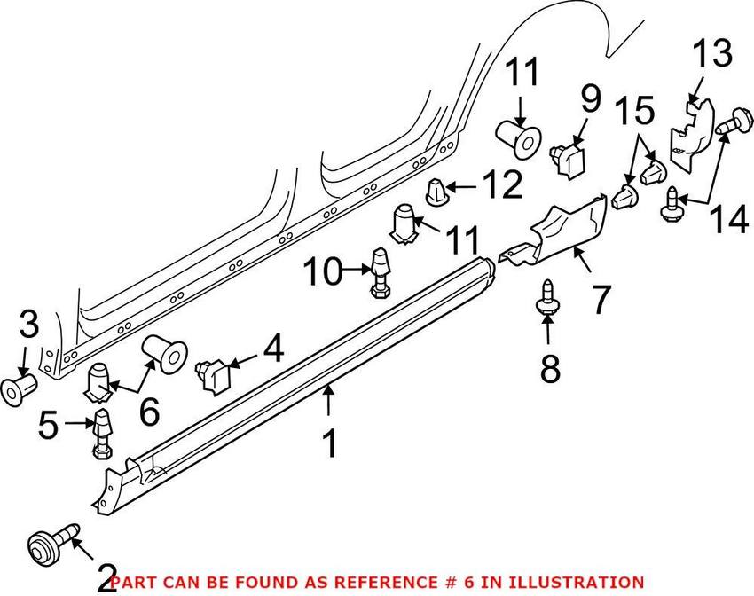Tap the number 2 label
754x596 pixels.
[x=106, y=579]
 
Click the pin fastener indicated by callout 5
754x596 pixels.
[x=100, y=432]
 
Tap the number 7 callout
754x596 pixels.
[x=601, y=300]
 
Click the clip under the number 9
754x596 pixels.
[x=567, y=158]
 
